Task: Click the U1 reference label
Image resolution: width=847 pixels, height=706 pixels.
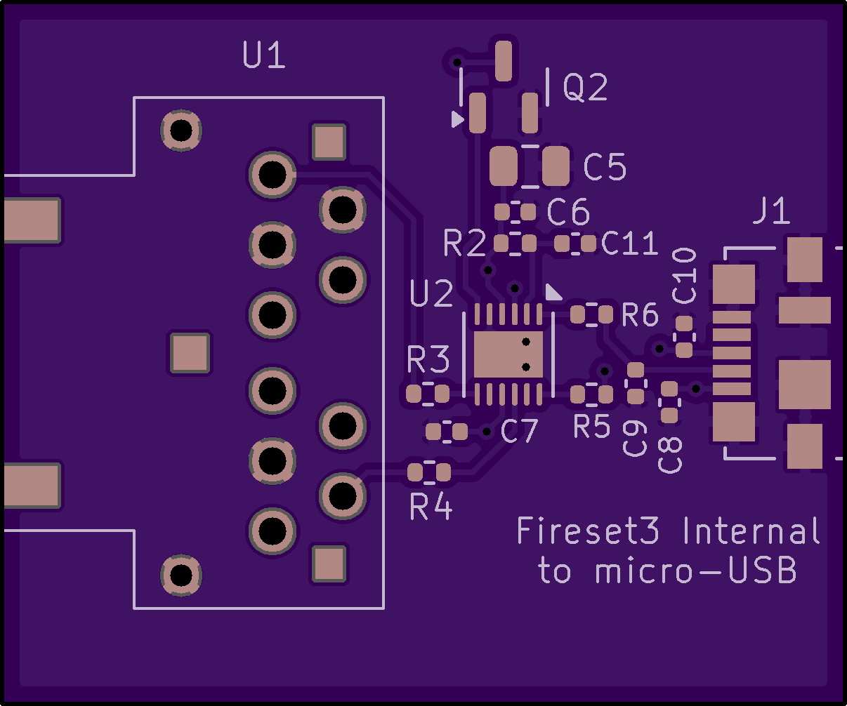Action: (264, 55)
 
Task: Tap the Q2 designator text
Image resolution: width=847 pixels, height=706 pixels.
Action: (585, 88)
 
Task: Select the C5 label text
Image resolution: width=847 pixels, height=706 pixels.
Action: (605, 168)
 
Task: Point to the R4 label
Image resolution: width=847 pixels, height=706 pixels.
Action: (431, 507)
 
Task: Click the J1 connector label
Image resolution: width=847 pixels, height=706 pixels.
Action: (771, 211)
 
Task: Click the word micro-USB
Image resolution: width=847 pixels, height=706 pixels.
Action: (696, 571)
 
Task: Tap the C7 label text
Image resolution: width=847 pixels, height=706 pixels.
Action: (519, 432)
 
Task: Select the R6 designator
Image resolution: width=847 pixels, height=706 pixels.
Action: (640, 316)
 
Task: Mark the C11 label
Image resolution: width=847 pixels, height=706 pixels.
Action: (630, 244)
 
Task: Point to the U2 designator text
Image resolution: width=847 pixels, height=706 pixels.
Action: (432, 295)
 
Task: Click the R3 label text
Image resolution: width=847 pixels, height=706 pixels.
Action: (428, 361)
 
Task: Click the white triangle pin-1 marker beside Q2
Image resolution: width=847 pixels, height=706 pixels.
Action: (457, 119)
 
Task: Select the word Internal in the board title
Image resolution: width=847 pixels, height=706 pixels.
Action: (751, 531)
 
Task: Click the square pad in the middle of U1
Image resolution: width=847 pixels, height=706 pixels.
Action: (190, 353)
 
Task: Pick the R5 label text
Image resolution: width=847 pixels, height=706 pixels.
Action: (592, 426)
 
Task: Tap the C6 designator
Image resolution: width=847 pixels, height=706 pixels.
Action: (568, 211)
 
